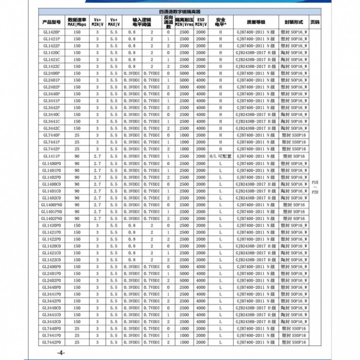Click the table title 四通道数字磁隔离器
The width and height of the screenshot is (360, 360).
click(180, 11)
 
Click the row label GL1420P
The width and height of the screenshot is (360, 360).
click(51, 32)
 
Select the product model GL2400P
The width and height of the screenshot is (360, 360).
click(51, 73)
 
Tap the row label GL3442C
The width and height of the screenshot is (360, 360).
click(51, 129)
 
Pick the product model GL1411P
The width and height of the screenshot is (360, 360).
click(51, 156)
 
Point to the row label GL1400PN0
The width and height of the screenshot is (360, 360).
click(51, 205)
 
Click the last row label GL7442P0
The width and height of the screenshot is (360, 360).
click(51, 343)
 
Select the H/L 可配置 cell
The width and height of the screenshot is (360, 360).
click(220, 156)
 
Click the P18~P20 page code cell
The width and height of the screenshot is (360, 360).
click(315, 187)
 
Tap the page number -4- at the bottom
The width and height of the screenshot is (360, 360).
click(60, 353)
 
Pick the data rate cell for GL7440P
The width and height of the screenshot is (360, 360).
click(77, 136)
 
